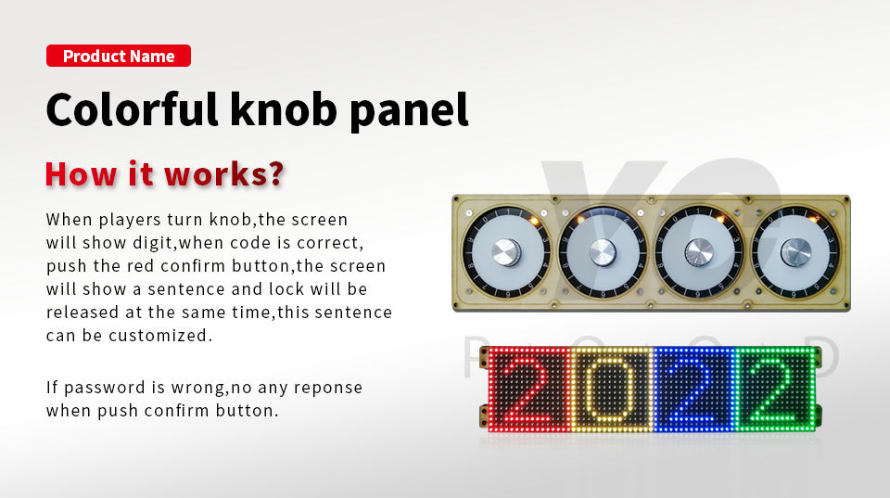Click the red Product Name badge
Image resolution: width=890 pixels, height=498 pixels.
[x=119, y=56]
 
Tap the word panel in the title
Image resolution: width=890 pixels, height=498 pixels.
[x=409, y=111]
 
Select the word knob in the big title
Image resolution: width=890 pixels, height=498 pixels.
[x=284, y=109]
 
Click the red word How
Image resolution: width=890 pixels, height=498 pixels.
[x=82, y=173]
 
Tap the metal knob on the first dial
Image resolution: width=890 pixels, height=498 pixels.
[x=506, y=252]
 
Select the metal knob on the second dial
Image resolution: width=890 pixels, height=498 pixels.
[x=603, y=252]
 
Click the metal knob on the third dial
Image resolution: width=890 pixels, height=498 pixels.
[x=699, y=252]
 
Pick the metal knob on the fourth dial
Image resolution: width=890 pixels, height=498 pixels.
[x=795, y=252]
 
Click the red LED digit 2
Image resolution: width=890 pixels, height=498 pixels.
[x=525, y=389]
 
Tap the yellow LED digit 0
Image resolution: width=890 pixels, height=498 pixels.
[x=610, y=389]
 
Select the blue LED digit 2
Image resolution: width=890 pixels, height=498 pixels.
[x=693, y=389]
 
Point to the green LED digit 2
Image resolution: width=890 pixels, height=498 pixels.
[x=773, y=389]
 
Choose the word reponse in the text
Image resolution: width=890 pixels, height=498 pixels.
[x=328, y=388]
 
